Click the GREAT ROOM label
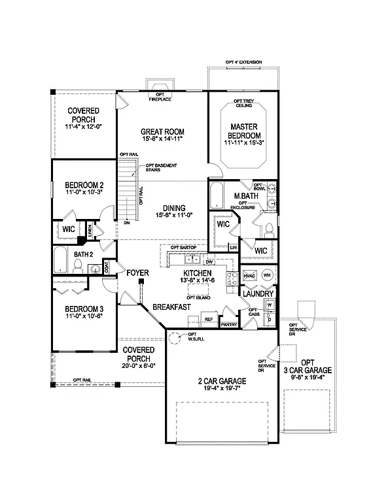(160, 131)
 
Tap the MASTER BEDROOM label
(242, 131)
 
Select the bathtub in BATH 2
(60, 260)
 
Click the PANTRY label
(228, 324)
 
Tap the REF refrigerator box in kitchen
(209, 320)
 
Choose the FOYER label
(138, 273)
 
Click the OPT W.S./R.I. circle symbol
(175, 338)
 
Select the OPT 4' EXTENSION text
(243, 62)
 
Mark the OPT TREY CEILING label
(243, 104)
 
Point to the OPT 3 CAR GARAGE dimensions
(315, 377)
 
